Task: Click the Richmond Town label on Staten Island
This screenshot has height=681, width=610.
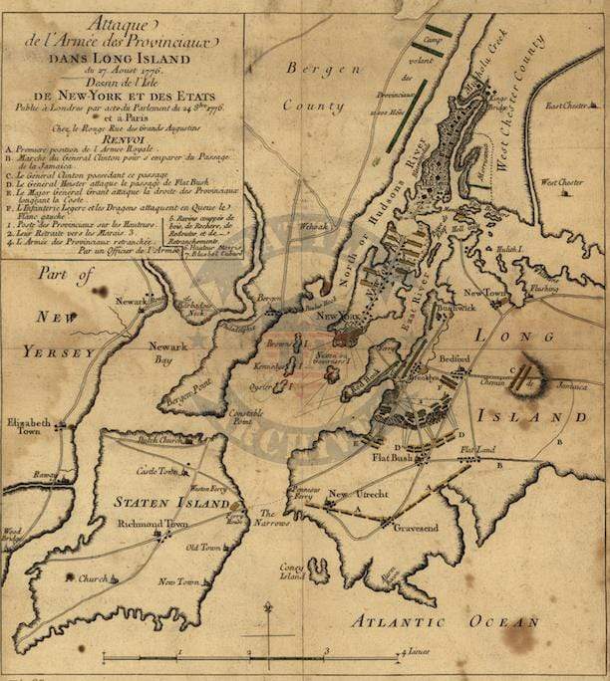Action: pyautogui.click(x=152, y=523)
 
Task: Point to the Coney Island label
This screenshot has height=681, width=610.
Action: pyautogui.click(x=293, y=570)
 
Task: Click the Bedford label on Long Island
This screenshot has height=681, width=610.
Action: pyautogui.click(x=455, y=357)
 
